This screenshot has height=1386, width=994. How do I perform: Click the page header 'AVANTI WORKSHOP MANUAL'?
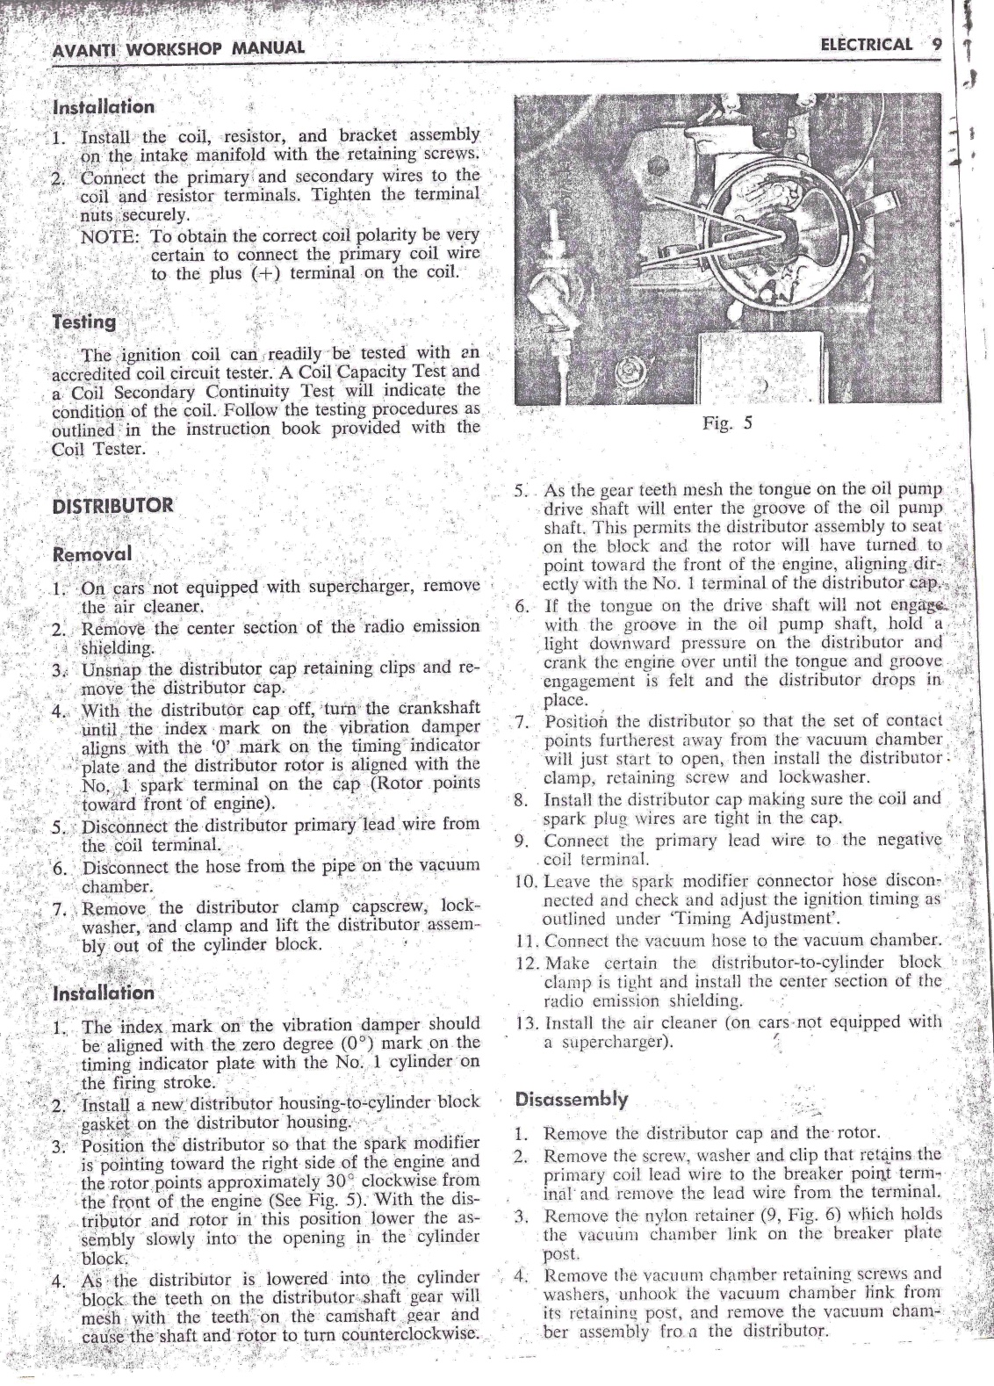click(x=178, y=47)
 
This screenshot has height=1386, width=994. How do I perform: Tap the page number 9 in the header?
click(x=937, y=43)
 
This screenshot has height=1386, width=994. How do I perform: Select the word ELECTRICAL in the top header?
click(x=864, y=44)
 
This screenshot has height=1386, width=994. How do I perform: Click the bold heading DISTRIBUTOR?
click(x=113, y=506)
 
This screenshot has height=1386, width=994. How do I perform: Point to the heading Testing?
click(x=84, y=321)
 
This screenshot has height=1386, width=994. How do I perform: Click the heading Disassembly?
click(x=572, y=1099)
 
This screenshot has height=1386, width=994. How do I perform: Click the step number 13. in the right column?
click(x=528, y=1022)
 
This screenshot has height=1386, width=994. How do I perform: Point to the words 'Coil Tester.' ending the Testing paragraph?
click(x=97, y=448)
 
